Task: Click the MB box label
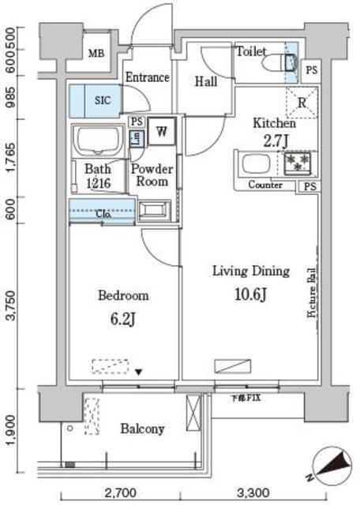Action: click(x=96, y=54)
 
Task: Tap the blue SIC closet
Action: click(x=103, y=100)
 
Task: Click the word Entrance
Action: click(x=148, y=77)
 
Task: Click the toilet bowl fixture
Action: click(x=283, y=63)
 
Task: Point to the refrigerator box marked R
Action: click(x=302, y=101)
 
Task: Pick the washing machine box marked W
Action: click(x=161, y=131)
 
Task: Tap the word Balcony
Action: click(x=142, y=429)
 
